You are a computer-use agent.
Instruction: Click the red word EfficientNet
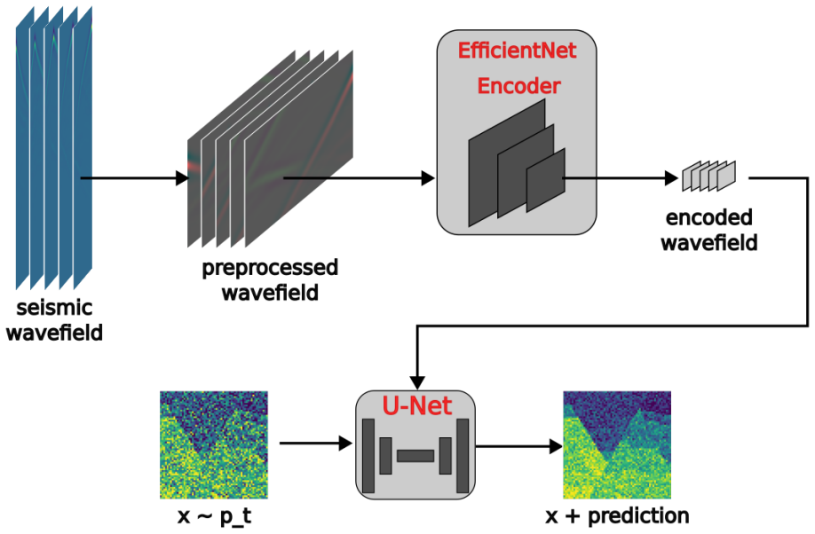click(517, 51)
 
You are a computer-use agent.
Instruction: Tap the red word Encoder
click(518, 86)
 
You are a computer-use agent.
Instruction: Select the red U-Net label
click(417, 405)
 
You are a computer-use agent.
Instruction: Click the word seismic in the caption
click(54, 308)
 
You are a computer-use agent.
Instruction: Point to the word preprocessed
click(270, 269)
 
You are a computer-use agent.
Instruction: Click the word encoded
click(709, 217)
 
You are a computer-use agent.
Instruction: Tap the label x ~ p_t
click(214, 517)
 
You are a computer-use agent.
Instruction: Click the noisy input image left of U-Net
click(214, 445)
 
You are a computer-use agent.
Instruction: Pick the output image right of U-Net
click(617, 445)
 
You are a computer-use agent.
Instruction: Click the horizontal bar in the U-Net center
click(415, 456)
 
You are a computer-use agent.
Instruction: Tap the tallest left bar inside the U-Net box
click(368, 456)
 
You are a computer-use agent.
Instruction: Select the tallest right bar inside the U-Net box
click(462, 456)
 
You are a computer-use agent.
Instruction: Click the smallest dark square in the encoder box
click(546, 180)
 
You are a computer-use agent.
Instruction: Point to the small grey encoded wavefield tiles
click(709, 177)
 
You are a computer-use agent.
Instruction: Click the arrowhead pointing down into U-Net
click(417, 383)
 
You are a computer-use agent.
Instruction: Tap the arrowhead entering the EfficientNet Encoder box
click(428, 178)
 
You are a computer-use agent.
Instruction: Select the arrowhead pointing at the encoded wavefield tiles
click(672, 178)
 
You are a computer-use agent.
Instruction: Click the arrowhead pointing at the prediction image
click(556, 446)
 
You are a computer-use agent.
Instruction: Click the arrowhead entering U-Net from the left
click(346, 444)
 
